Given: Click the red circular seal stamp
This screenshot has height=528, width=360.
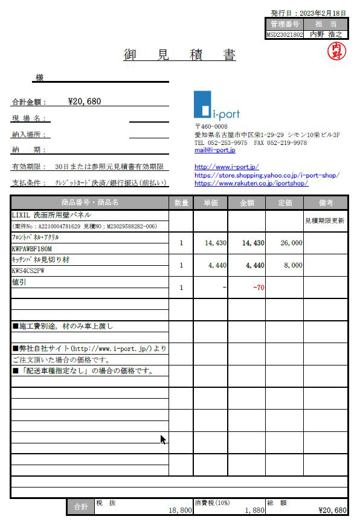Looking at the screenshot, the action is [x=336, y=51].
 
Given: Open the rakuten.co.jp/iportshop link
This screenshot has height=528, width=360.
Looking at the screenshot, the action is [x=251, y=182].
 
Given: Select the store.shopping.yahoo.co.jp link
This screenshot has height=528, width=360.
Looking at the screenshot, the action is [x=266, y=175].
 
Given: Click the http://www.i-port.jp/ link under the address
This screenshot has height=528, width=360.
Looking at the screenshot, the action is [x=227, y=167].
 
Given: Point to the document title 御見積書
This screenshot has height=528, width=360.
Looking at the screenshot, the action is [x=179, y=56].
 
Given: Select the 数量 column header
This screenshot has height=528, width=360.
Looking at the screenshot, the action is [x=181, y=202].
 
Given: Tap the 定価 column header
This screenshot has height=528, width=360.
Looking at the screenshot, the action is [x=284, y=202].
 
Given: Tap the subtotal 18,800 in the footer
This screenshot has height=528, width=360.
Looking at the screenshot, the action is [x=180, y=510].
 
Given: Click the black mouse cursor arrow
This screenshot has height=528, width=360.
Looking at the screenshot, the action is [x=163, y=439].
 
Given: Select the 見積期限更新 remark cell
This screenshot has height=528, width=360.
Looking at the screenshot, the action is [x=325, y=221].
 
